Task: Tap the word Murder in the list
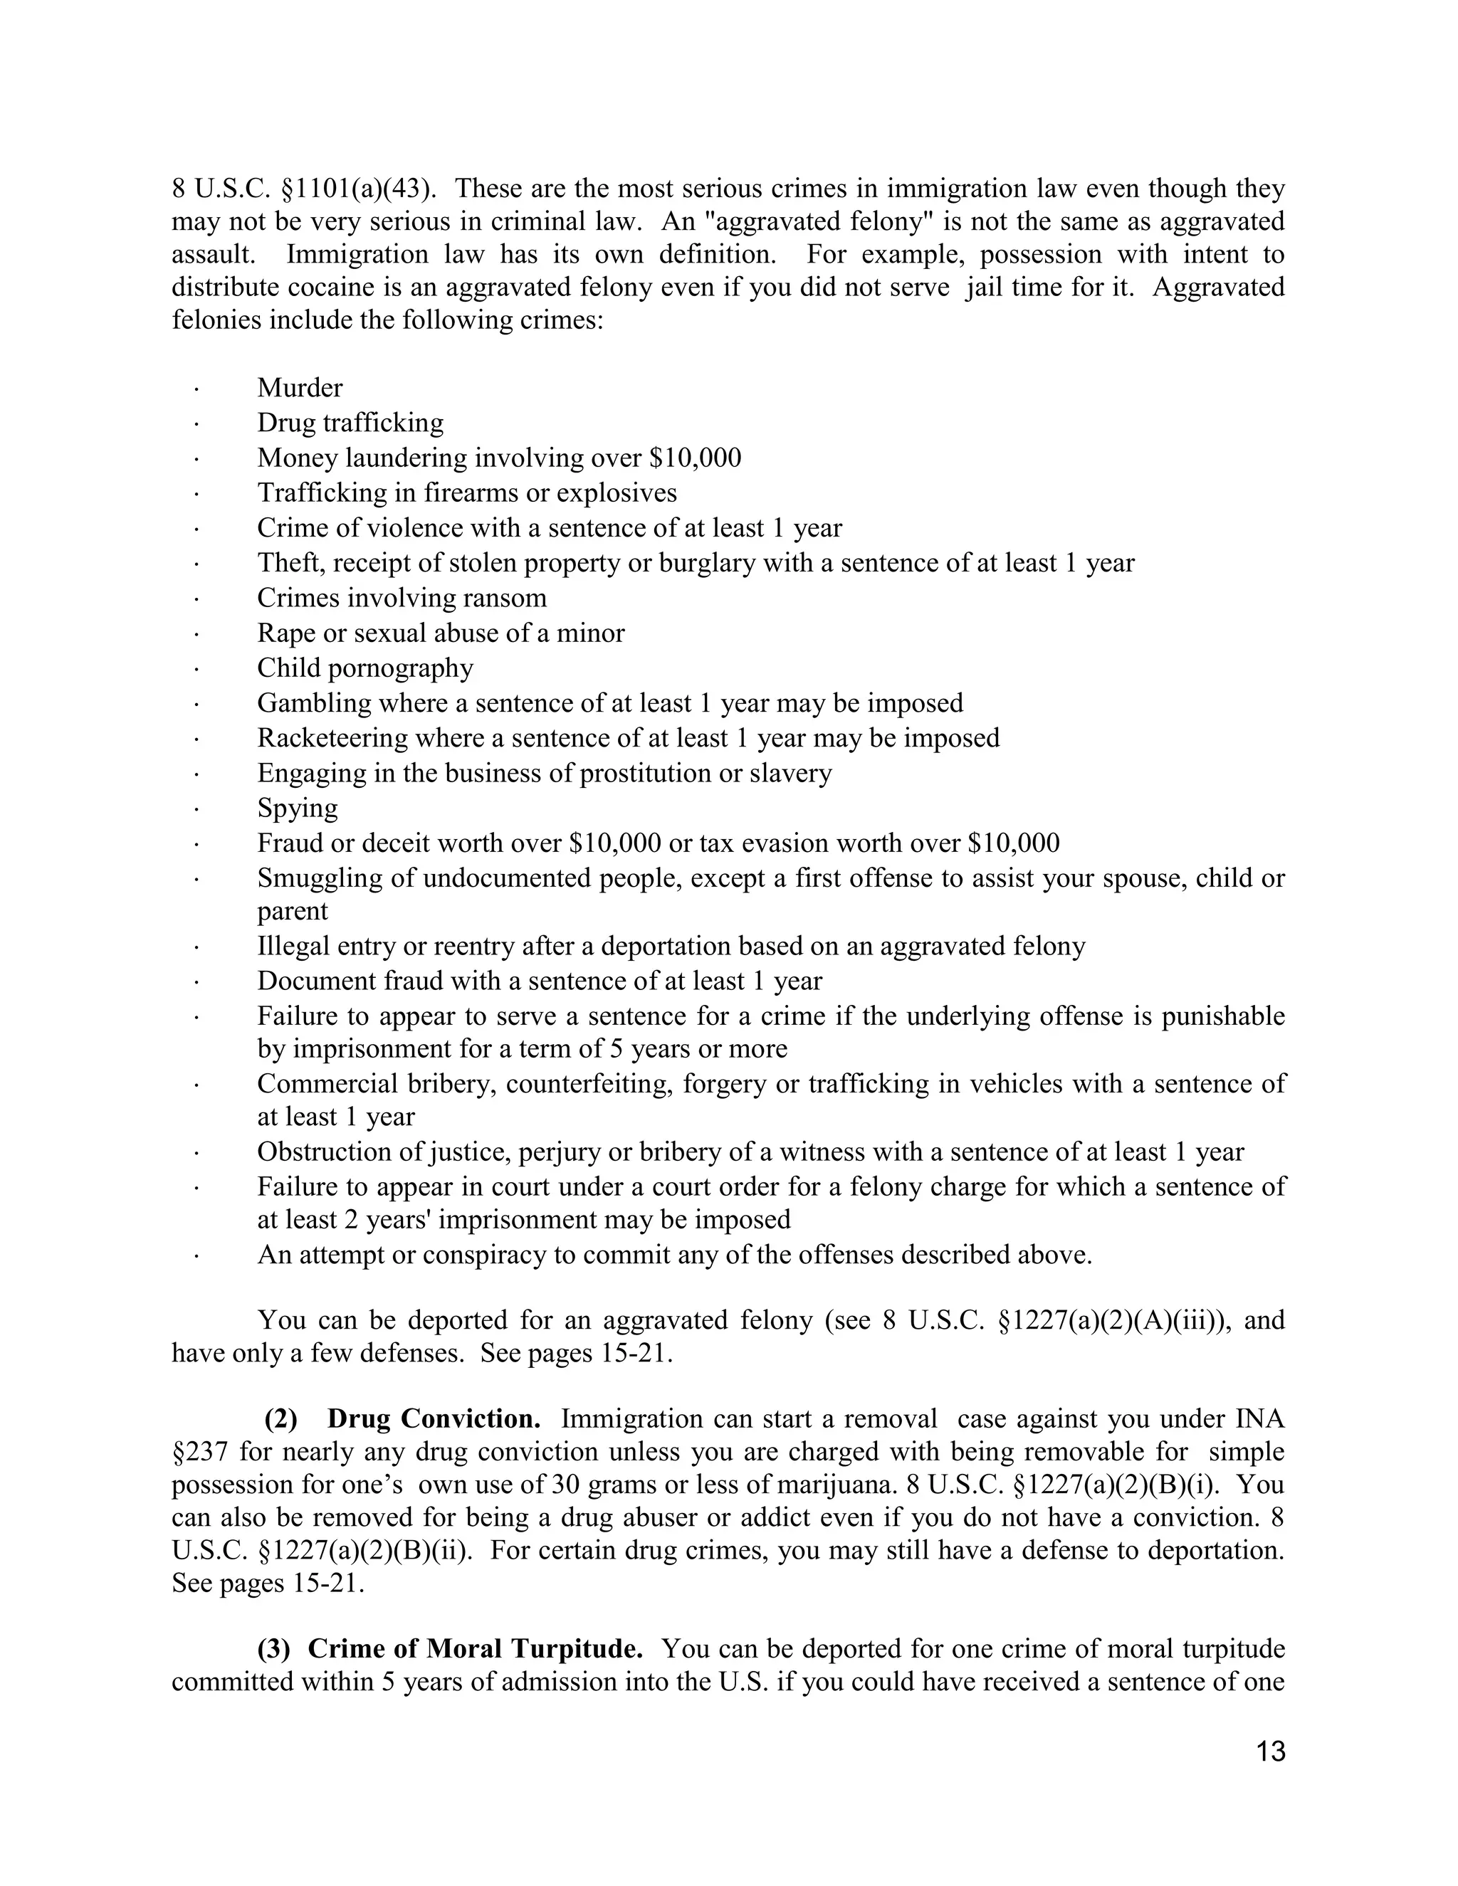pyautogui.click(x=300, y=388)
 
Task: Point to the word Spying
pyautogui.click(x=297, y=808)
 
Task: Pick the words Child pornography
pyautogui.click(x=364, y=668)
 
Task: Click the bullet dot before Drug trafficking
pyautogui.click(x=197, y=424)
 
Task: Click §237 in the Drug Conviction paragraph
pyautogui.click(x=199, y=1453)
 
